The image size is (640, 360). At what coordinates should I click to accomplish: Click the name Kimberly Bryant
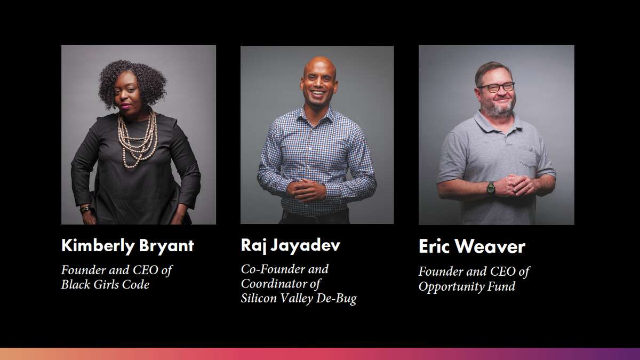127,246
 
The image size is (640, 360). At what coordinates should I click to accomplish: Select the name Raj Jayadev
290,245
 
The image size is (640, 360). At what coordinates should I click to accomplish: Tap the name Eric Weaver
471,246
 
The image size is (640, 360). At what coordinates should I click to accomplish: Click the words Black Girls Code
105,285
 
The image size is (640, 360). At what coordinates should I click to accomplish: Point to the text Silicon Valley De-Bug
299,299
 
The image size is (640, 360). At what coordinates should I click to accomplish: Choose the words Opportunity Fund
467,286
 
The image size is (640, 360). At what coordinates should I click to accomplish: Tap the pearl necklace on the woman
138,139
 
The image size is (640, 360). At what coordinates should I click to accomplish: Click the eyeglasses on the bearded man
497,87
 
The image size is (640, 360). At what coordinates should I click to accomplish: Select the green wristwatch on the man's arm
491,188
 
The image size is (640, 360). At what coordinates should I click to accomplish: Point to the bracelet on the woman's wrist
85,209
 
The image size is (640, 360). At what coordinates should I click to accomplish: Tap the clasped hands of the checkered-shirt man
306,190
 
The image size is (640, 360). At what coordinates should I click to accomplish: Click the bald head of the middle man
319,65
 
